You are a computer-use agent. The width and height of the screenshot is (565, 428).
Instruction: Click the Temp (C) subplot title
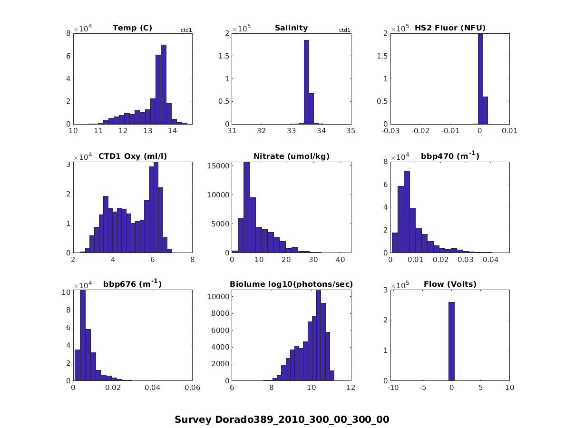click(x=132, y=28)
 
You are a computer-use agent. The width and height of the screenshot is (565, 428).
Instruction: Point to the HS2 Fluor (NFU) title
click(x=450, y=28)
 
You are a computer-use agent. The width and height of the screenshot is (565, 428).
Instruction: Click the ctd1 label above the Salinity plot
click(x=344, y=30)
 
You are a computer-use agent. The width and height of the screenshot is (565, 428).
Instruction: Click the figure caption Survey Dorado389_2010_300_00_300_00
click(x=282, y=419)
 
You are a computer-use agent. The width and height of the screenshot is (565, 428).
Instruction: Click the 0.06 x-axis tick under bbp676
click(x=192, y=388)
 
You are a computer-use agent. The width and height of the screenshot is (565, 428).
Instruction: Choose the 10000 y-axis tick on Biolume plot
click(x=218, y=296)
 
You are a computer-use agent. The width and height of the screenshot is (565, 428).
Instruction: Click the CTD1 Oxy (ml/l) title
click(x=133, y=156)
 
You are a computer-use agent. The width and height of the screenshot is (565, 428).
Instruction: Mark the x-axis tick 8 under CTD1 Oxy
click(x=192, y=259)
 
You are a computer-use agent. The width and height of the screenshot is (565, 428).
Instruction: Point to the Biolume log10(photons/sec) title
click(x=291, y=284)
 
